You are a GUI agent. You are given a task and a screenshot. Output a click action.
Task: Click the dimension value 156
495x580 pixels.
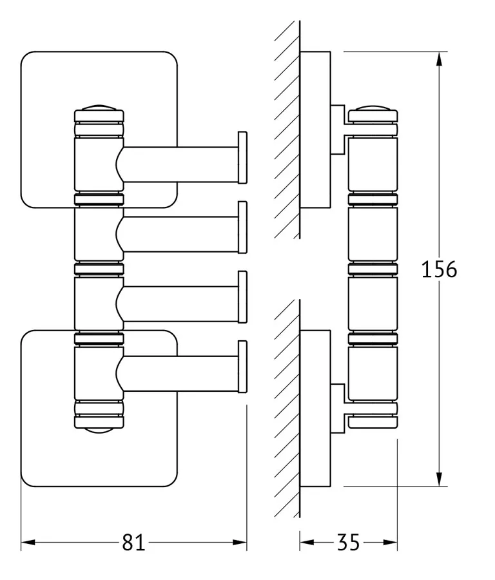(439, 269)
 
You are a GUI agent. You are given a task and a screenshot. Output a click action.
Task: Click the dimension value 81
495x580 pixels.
(133, 543)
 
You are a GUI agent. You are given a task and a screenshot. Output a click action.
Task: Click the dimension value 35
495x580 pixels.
(348, 543)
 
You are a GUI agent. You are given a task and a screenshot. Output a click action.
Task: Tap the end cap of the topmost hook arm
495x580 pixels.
(243, 157)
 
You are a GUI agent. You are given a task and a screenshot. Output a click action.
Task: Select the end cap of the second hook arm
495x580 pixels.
(243, 226)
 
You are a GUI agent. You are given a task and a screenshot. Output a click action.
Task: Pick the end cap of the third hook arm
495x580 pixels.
(243, 296)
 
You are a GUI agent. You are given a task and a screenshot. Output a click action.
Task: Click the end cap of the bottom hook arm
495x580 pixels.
(243, 365)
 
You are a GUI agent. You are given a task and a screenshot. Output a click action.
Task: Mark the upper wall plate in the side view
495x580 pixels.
(316, 129)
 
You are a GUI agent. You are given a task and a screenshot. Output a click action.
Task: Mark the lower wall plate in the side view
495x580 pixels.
(316, 410)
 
